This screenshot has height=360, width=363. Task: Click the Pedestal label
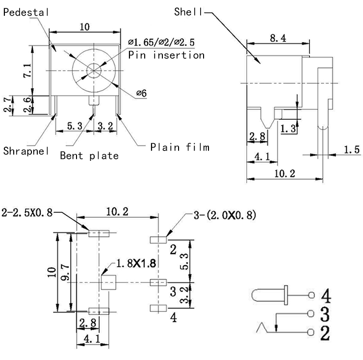click(26, 13)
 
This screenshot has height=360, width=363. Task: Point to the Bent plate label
click(89, 156)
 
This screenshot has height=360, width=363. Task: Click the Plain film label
click(180, 147)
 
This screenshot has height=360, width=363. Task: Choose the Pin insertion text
click(166, 55)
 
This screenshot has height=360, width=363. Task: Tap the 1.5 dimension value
click(352, 150)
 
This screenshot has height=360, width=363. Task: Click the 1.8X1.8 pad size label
click(136, 263)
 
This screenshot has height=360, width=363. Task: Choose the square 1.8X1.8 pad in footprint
click(108, 283)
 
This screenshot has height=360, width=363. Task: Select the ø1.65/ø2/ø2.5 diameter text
click(161, 43)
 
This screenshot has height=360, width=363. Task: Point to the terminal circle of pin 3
click(310, 314)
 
